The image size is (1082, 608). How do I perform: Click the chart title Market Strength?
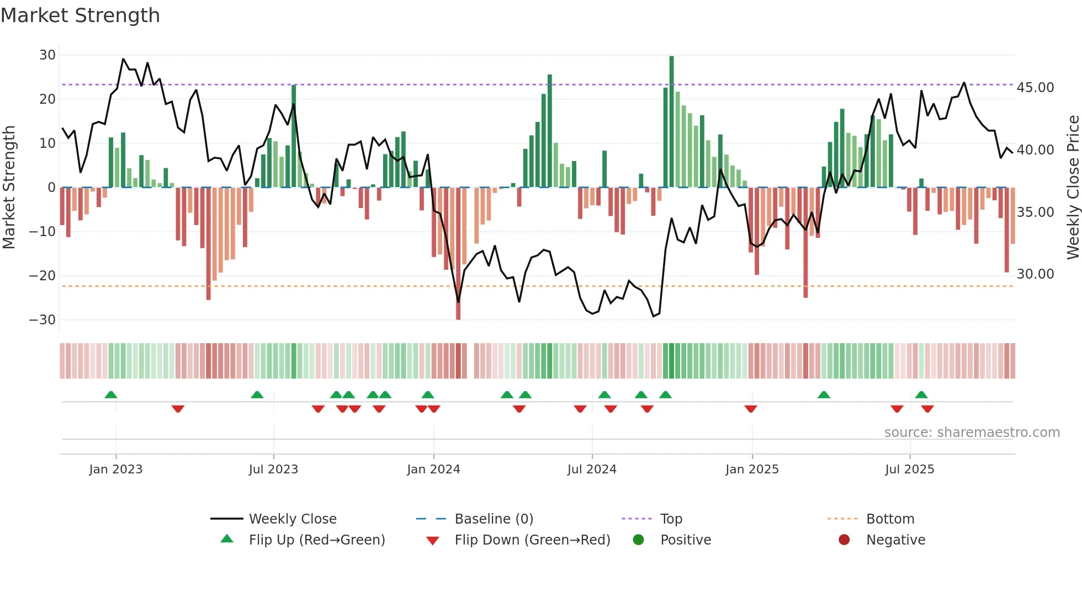[x=80, y=15]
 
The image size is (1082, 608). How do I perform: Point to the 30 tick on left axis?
[x=47, y=55]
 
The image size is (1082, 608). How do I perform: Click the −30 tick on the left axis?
[x=43, y=320]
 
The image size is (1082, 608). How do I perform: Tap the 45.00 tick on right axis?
[x=1035, y=88]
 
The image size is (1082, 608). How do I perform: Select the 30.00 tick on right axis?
[x=1035, y=274]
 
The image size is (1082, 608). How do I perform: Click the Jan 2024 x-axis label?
[x=433, y=470]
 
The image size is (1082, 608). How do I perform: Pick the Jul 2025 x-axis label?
[x=909, y=470]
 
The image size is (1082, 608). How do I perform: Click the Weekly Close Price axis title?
[x=1073, y=188]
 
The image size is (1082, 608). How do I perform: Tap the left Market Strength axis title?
[x=9, y=188]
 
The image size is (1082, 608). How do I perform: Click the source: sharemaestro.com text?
[x=972, y=433]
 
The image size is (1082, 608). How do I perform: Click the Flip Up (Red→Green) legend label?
[x=317, y=540]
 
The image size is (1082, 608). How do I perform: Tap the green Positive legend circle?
[x=639, y=540]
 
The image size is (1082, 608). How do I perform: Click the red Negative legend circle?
[x=844, y=540]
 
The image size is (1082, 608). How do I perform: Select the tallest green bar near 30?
[x=671, y=121]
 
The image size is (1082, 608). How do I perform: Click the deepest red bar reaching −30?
[x=458, y=254]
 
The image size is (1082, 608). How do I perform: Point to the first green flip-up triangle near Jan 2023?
[x=111, y=395]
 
